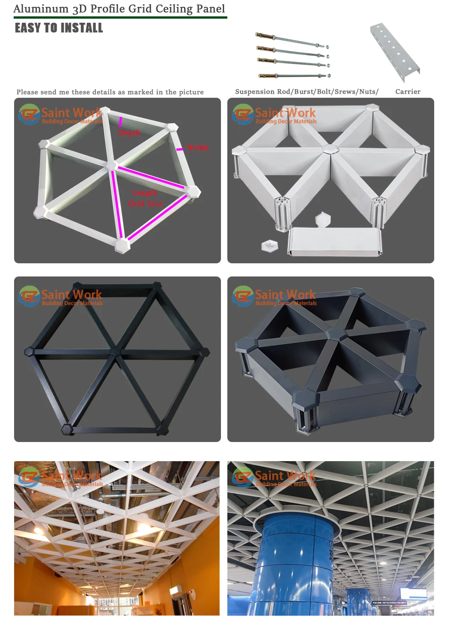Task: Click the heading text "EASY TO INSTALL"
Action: tap(59, 28)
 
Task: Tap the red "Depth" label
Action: tap(130, 133)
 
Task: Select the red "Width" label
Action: tap(198, 148)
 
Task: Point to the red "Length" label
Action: tap(145, 193)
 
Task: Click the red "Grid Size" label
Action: tap(145, 204)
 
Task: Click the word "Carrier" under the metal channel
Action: tap(408, 91)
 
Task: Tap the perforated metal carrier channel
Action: tap(394, 51)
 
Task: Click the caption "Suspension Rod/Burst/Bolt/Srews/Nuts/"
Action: tap(307, 91)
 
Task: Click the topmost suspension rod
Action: tap(291, 40)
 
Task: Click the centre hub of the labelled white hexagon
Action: tap(111, 165)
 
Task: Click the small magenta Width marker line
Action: tap(180, 149)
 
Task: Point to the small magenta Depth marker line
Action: tap(120, 121)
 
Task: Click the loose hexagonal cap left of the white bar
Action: tap(269, 246)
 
